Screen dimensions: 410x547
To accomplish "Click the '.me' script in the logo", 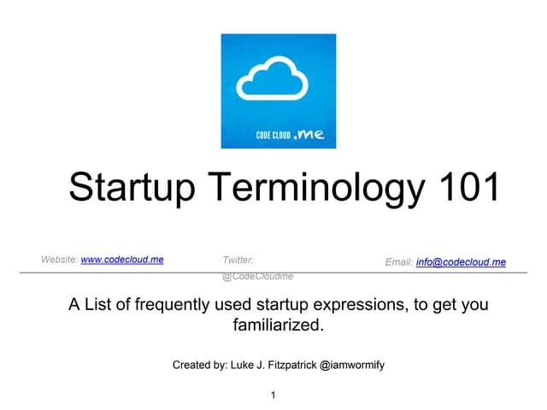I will [309, 132].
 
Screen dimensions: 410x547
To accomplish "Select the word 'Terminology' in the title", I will [308, 187].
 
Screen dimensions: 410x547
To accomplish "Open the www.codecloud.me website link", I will [121, 259].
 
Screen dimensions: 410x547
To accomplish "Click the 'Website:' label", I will [60, 259].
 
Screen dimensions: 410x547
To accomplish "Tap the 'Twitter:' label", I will [238, 259].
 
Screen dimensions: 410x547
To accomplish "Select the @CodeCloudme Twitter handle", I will [257, 277].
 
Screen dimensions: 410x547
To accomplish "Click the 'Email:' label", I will [399, 262].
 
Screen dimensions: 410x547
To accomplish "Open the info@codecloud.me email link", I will [461, 262].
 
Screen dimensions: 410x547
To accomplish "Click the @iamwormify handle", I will [351, 365].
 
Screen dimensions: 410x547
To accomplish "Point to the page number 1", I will [273, 395].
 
